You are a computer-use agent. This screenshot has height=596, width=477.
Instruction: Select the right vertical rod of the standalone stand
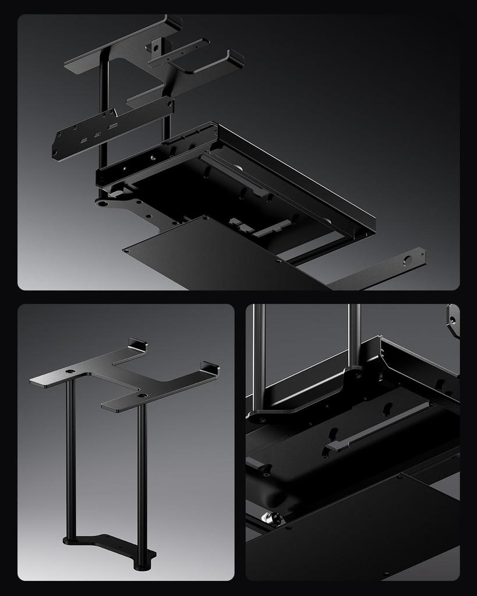141,477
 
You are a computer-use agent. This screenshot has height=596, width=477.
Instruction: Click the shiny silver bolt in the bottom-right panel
269,517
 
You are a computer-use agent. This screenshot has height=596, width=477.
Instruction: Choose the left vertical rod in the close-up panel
259,355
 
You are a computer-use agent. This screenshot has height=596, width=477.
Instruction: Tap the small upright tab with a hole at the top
156,45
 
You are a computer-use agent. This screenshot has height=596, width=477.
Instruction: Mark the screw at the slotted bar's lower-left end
55,153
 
